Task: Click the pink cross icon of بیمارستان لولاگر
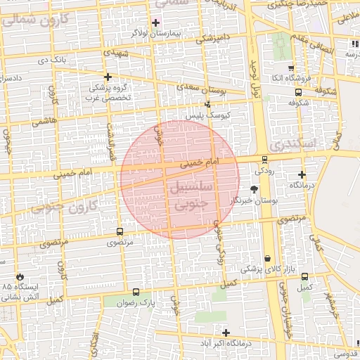coord(156,22)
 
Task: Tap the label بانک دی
coord(52,60)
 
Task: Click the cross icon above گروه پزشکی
coord(108,77)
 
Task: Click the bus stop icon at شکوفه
coord(298,91)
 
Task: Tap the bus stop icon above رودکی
coord(264,159)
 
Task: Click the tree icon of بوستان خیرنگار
coord(254,189)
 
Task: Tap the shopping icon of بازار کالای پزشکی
coord(268,258)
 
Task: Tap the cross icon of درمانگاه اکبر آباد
coord(226,333)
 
